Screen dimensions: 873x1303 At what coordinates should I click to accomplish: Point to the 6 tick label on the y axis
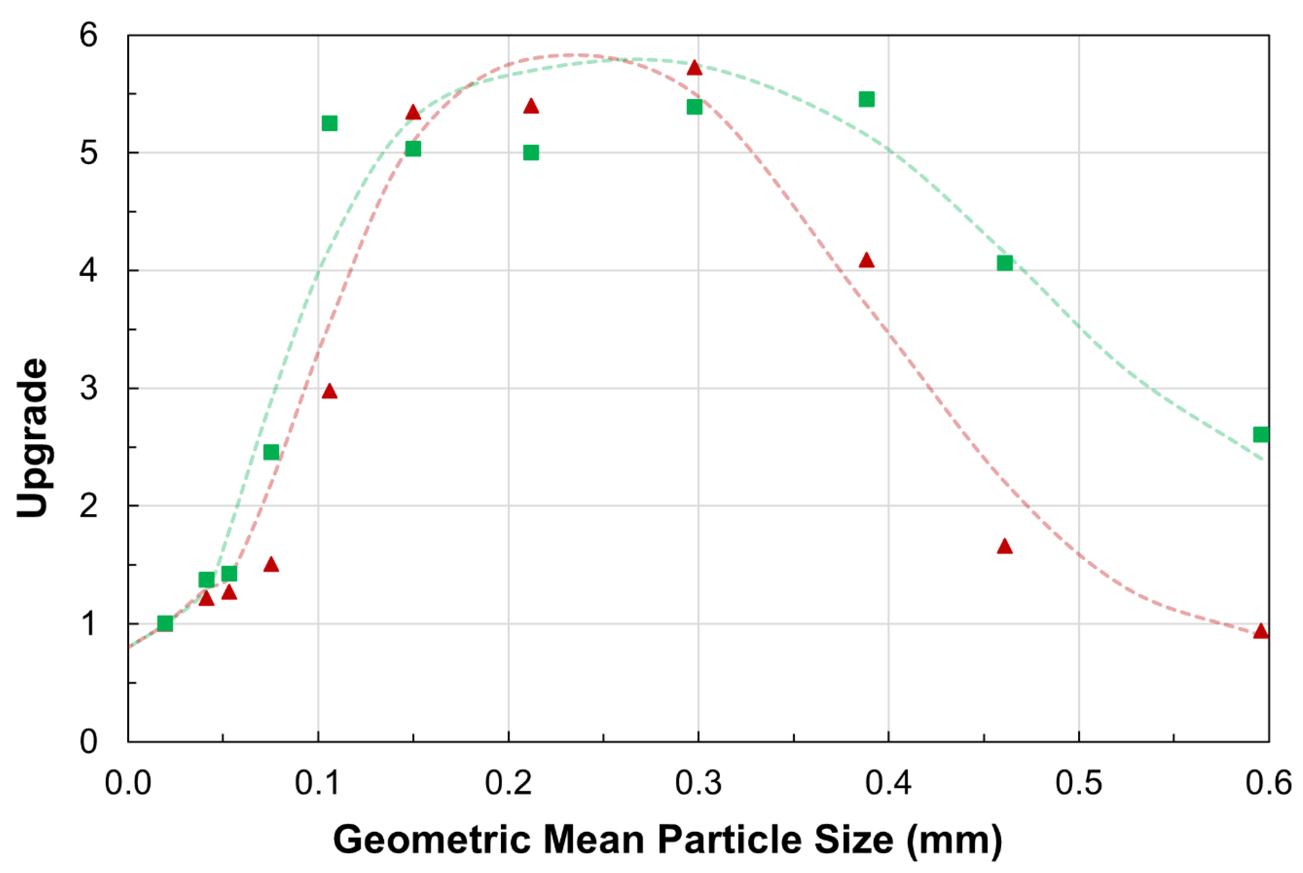(88, 36)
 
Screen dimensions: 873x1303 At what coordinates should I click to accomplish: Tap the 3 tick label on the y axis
(88, 388)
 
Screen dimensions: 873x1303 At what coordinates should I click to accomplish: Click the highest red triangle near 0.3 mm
(694, 68)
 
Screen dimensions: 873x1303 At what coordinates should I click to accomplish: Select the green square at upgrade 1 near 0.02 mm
(165, 623)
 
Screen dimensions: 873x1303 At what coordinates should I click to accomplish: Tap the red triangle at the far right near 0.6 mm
(1261, 631)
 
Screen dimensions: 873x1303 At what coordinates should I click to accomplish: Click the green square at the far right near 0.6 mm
(1261, 434)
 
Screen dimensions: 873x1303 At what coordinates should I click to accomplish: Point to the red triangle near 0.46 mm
(1005, 546)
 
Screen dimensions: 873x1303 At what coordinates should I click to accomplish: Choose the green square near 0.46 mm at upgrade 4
(1005, 263)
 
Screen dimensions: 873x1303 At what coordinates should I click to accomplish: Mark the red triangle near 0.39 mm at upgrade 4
(866, 260)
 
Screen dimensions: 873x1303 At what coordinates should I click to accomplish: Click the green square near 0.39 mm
(866, 100)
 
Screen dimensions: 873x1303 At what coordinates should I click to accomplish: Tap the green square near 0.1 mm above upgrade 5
(329, 123)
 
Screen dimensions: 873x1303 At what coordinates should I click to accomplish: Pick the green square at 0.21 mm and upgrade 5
(531, 152)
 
